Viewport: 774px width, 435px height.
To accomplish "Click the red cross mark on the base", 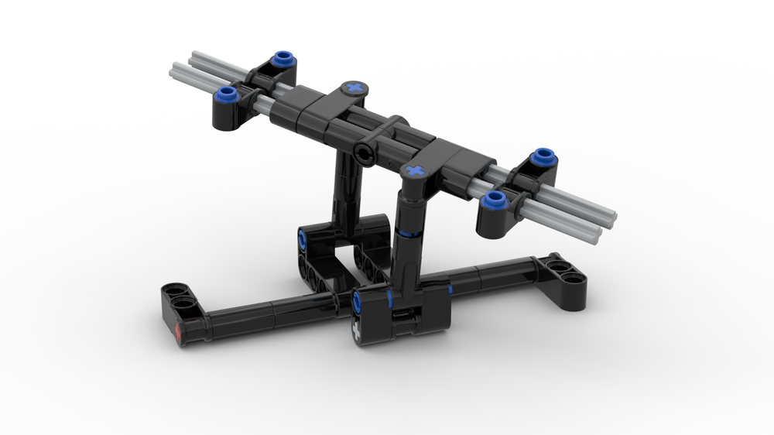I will (180, 334).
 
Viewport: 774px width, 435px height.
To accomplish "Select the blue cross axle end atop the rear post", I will (354, 88).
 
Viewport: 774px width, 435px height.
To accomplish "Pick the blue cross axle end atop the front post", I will (415, 170).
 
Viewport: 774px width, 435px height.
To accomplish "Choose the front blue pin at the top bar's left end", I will (227, 94).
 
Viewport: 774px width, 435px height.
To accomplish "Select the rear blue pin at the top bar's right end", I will (543, 156).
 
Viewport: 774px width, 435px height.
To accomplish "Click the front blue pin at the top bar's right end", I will (493, 200).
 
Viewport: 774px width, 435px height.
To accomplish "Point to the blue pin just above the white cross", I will (357, 303).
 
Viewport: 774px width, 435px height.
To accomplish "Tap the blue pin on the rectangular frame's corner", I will (302, 241).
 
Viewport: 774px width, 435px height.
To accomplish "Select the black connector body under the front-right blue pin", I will (492, 223).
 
